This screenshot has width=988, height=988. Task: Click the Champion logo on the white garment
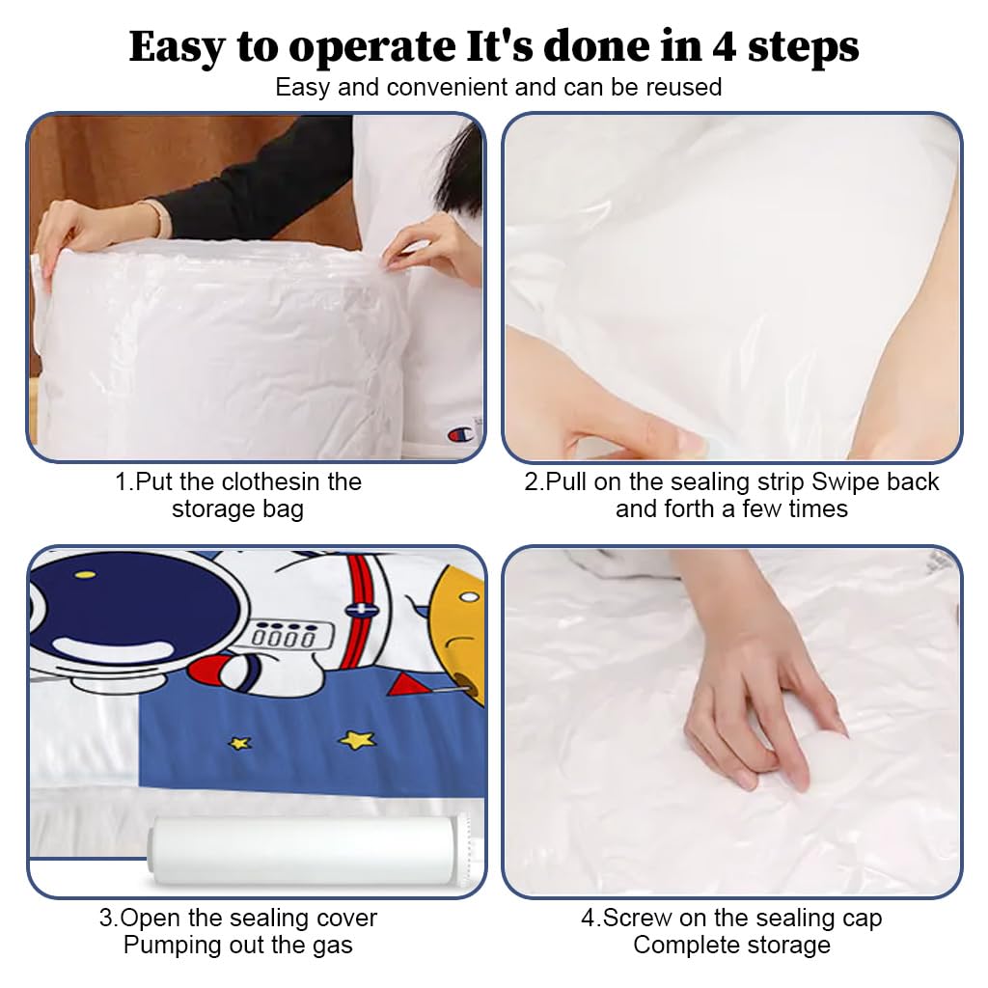(461, 434)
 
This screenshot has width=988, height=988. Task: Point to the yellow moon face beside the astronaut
(457, 627)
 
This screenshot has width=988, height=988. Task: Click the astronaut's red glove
(217, 669)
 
